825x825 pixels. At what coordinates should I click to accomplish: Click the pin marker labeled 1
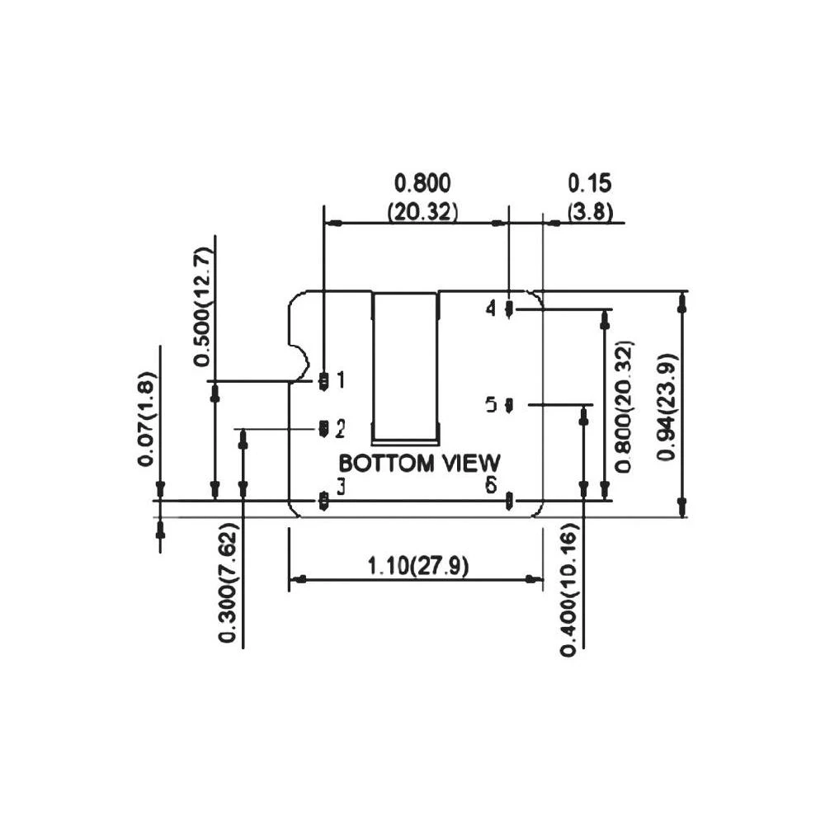[323, 380]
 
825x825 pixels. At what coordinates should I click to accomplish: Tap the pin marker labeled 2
[323, 427]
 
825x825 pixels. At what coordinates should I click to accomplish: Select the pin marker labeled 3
[323, 500]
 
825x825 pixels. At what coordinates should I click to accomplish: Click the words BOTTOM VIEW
[420, 463]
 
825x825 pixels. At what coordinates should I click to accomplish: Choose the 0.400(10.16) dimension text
[568, 590]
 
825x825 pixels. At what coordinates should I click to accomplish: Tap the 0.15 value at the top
[588, 183]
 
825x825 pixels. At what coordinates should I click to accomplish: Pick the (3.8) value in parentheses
[590, 211]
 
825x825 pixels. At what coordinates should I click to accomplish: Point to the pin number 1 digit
[340, 380]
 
